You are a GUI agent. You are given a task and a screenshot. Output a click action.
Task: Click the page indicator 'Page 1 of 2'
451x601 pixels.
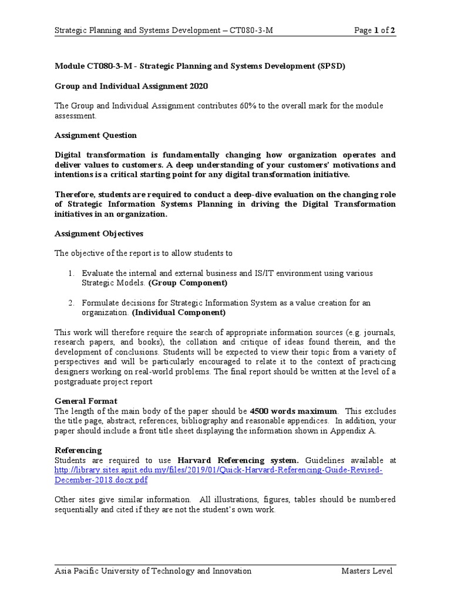[374, 31]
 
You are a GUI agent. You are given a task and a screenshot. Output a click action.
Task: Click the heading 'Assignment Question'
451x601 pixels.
[96, 135]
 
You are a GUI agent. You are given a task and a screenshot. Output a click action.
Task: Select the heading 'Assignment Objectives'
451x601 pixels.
[99, 234]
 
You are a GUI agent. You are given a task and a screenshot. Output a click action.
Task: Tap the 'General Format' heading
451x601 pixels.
[86, 401]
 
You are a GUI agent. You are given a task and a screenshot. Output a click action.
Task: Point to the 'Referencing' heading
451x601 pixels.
[78, 450]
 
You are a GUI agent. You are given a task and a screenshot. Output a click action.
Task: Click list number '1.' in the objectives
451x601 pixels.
[70, 274]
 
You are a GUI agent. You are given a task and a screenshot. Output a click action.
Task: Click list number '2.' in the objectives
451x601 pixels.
[70, 303]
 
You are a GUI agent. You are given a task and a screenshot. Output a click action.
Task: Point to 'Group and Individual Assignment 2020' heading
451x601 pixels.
[131, 86]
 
